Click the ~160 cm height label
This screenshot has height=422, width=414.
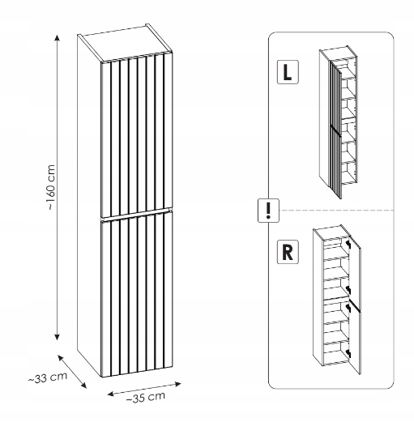[51, 187]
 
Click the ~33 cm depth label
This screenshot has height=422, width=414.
[48, 377]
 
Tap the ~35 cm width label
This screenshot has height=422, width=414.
[145, 397]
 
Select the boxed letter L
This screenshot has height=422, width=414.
[288, 72]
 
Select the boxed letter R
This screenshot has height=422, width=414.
[288, 252]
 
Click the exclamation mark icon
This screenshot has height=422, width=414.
[268, 211]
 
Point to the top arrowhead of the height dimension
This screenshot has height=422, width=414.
[57, 38]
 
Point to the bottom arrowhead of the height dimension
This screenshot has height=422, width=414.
[57, 337]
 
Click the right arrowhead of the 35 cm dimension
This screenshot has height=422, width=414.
[177, 384]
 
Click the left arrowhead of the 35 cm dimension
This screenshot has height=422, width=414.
[111, 394]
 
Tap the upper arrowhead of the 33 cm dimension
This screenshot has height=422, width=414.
[61, 357]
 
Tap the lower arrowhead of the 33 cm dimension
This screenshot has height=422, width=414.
[83, 386]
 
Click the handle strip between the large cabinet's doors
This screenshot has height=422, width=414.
[136, 215]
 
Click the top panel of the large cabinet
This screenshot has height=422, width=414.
[125, 43]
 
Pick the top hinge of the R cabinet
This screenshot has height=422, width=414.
[348, 245]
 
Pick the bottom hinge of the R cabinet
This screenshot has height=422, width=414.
[348, 352]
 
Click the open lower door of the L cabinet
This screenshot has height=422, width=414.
[335, 162]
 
